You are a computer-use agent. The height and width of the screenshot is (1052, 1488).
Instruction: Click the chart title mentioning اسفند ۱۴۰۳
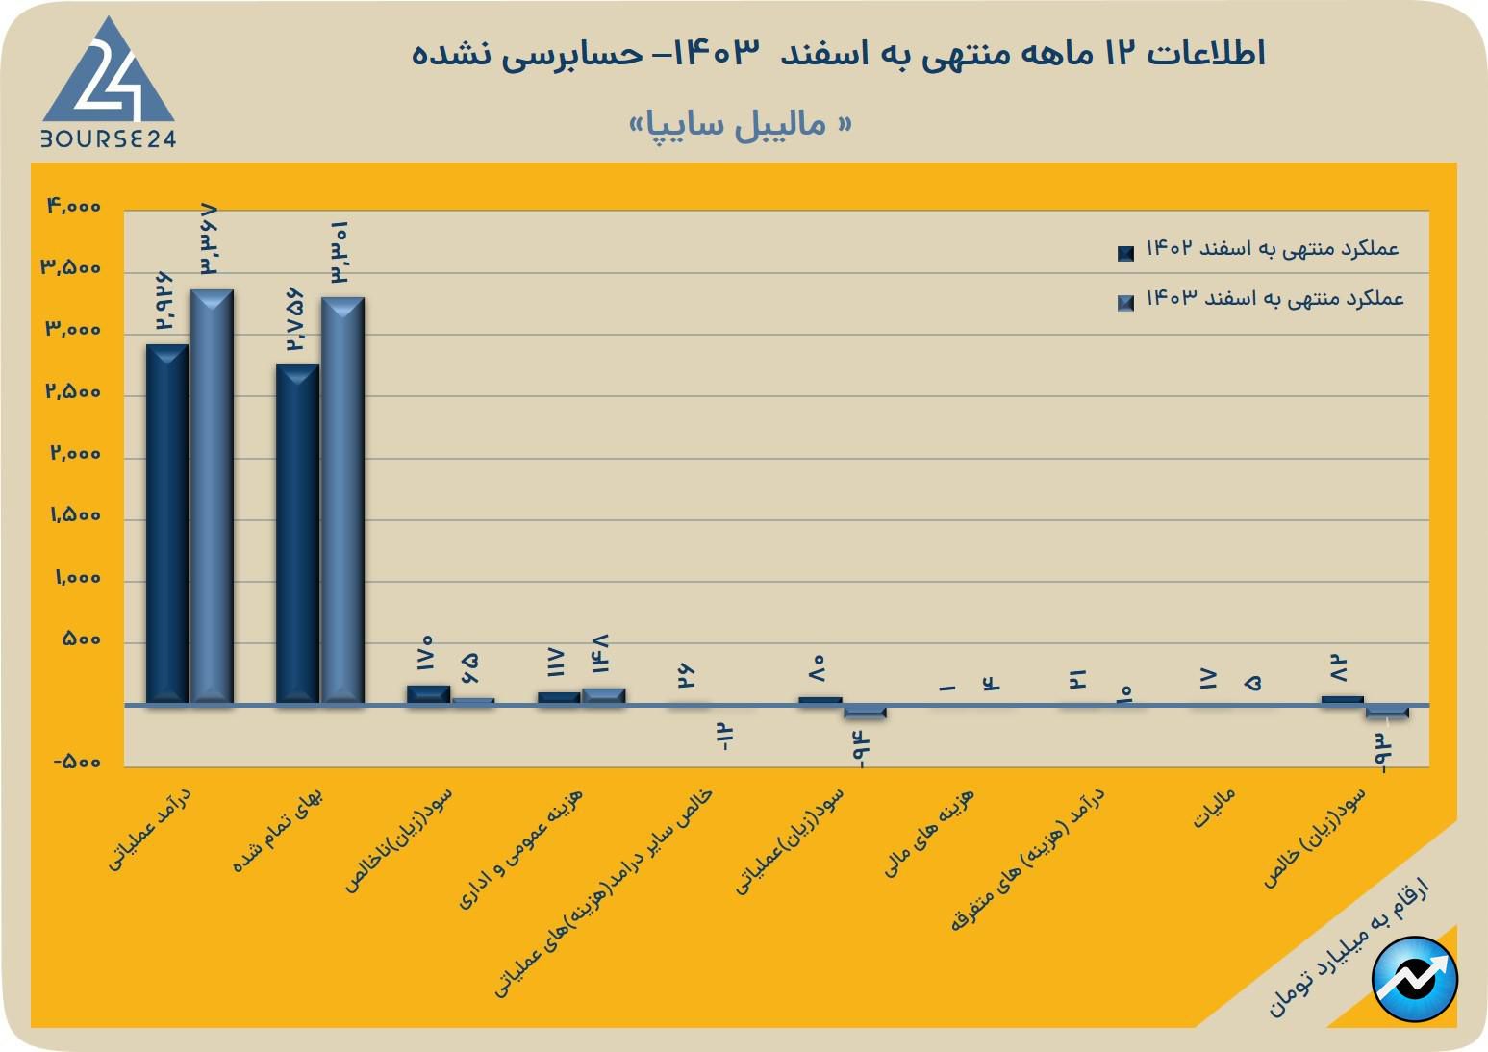(x=838, y=53)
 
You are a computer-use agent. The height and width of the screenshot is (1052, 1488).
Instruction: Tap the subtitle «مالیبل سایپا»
(x=740, y=125)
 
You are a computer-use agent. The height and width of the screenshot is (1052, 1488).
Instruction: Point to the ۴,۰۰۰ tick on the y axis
(x=74, y=206)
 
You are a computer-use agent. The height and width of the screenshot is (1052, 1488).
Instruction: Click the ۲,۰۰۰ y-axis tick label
(x=75, y=453)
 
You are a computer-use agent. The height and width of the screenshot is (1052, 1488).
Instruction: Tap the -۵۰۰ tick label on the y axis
(x=77, y=762)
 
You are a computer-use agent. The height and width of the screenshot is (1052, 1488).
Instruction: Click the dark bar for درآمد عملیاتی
(x=167, y=524)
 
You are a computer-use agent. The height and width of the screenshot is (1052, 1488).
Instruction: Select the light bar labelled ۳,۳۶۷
(x=212, y=496)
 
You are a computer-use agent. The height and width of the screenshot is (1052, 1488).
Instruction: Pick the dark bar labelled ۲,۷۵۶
(x=297, y=535)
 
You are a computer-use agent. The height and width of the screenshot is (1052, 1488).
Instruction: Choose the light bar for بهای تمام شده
(x=342, y=500)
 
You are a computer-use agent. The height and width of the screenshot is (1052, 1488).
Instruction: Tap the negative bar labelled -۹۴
(x=865, y=713)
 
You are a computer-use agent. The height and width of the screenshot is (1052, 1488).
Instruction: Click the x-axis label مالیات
(x=1213, y=809)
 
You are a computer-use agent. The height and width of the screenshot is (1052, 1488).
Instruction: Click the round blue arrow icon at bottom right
(x=1415, y=979)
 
